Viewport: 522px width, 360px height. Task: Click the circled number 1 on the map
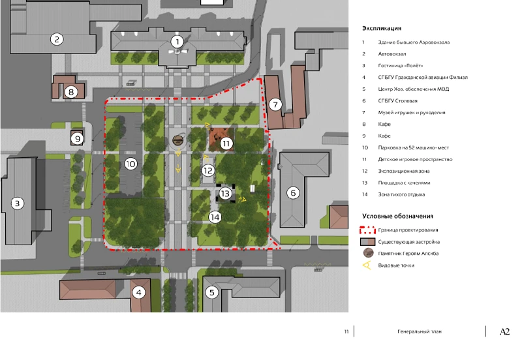point(177,42)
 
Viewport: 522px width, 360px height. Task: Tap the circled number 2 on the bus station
point(57,39)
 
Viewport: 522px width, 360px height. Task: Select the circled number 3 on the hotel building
point(18,203)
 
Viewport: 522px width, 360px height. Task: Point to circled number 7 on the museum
point(275,105)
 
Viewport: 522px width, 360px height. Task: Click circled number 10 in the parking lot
point(131,164)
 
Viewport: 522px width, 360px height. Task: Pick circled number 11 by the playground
point(226,143)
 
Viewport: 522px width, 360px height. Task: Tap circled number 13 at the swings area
point(225,193)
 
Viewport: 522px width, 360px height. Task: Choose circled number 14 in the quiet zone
point(215,217)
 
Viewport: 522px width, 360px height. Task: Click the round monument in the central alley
point(178,140)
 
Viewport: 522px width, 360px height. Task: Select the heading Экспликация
point(382,28)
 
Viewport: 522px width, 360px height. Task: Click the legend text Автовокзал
point(392,54)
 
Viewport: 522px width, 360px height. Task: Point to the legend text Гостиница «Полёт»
point(400,66)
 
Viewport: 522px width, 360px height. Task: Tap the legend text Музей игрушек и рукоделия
point(412,112)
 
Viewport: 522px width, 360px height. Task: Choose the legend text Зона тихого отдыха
point(401,194)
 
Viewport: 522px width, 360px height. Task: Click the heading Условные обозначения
point(397,217)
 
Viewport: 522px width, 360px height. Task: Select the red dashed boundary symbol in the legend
point(367,230)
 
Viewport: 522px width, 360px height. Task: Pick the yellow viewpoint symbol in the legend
point(367,265)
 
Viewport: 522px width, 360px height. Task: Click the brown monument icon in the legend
point(368,253)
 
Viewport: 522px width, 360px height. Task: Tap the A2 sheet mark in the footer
point(504,332)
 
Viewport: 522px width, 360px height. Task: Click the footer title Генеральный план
point(419,331)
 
